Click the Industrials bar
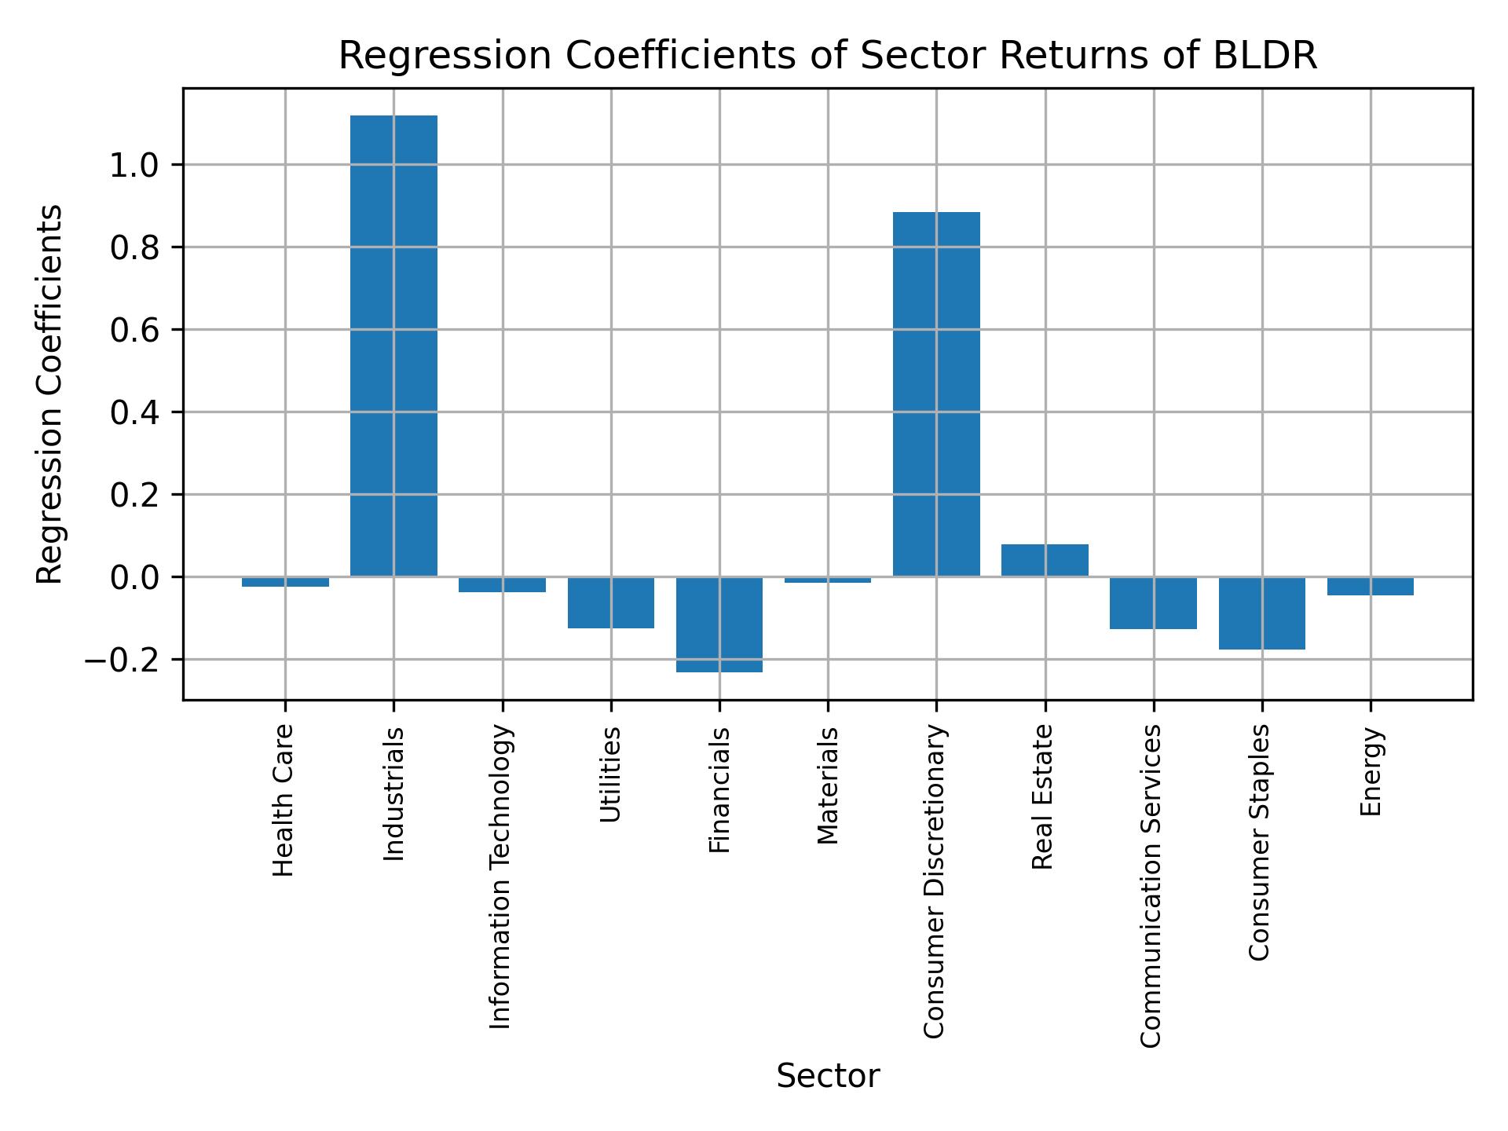[393, 346]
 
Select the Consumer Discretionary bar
[936, 394]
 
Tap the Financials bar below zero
[719, 624]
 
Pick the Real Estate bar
[1045, 560]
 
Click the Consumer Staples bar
[1261, 613]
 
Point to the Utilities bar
[611, 602]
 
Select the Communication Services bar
[1153, 603]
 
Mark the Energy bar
[1370, 586]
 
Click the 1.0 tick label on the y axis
[135, 166]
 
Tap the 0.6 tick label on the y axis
[135, 331]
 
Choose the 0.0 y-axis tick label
[135, 578]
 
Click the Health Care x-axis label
[284, 800]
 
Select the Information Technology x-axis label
[501, 877]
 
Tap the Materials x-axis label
[828, 785]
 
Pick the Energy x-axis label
[1371, 771]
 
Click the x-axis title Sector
[828, 1076]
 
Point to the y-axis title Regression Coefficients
[50, 394]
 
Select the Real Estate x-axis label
[1043, 796]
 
